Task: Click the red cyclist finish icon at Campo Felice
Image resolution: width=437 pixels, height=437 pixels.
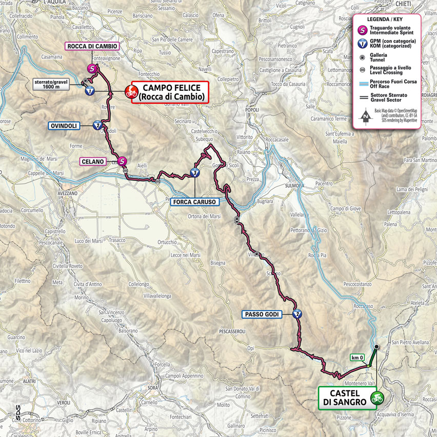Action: tap(132, 93)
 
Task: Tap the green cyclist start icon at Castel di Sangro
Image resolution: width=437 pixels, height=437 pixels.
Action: tap(378, 397)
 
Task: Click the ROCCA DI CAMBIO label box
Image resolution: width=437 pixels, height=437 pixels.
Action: tap(92, 46)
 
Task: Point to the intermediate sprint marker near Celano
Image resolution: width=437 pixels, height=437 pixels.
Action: tap(122, 162)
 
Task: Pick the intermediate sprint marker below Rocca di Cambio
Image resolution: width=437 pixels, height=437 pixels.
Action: tap(92, 69)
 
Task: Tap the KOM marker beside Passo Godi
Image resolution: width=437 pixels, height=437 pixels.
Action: tap(296, 314)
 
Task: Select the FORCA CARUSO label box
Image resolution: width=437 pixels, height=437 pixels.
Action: tap(195, 202)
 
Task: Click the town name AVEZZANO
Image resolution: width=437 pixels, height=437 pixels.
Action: tap(67, 193)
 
